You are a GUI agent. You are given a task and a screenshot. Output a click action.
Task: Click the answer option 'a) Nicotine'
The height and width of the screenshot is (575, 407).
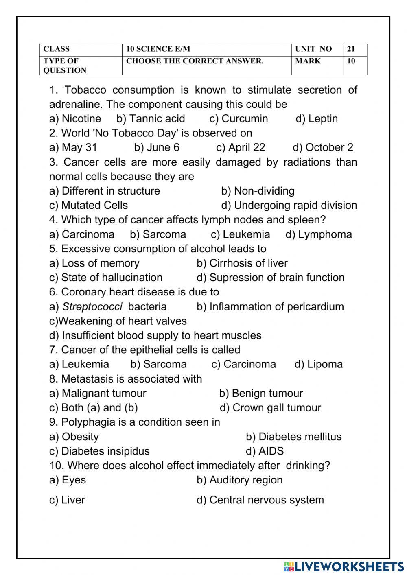[75, 119]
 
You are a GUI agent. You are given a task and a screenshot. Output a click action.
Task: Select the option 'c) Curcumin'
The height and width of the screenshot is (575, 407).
[239, 119]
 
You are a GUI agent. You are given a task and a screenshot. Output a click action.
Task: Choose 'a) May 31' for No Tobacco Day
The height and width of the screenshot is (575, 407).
[73, 147]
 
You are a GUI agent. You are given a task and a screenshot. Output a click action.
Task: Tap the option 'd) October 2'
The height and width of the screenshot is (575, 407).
[323, 147]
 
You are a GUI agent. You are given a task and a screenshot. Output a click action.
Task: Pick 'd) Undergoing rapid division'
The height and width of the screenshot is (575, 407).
[289, 205]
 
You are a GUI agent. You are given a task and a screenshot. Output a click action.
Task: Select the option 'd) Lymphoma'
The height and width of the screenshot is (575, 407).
[318, 234]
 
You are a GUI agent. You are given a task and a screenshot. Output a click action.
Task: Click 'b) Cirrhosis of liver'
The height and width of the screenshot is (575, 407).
[242, 263]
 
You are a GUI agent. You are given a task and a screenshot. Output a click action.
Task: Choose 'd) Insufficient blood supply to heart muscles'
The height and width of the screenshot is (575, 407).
[155, 335]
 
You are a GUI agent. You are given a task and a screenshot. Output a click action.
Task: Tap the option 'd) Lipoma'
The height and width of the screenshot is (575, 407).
[319, 364]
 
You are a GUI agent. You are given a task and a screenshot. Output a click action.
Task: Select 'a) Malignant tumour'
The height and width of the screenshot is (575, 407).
[98, 393]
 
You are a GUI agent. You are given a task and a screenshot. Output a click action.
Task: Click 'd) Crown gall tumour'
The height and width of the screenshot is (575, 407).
[270, 408]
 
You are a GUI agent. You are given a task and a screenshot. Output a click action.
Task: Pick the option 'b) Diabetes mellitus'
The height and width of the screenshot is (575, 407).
[293, 437]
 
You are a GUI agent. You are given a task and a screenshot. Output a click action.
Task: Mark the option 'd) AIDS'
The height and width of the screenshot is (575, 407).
[265, 451]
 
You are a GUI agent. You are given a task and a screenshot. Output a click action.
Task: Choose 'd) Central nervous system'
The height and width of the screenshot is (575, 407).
[260, 500]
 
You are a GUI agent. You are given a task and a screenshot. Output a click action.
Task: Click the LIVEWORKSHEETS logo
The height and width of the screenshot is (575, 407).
[344, 566]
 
